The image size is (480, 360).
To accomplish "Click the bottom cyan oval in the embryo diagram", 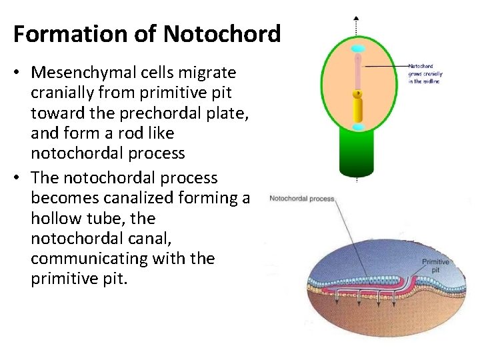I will point(357,126).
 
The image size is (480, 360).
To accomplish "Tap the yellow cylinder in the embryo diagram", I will point(357,106).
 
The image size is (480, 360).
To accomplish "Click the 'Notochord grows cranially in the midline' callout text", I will point(424,73).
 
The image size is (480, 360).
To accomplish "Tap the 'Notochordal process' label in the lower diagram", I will point(301,199).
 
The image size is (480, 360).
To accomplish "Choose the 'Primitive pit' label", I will point(435,267).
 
